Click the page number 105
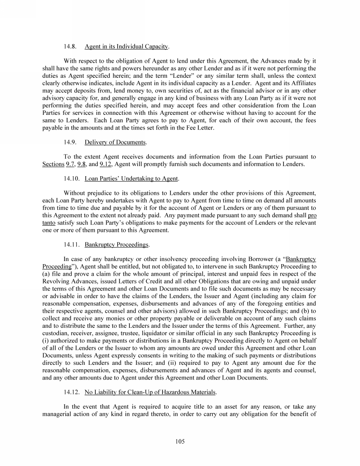tap(180, 441)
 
